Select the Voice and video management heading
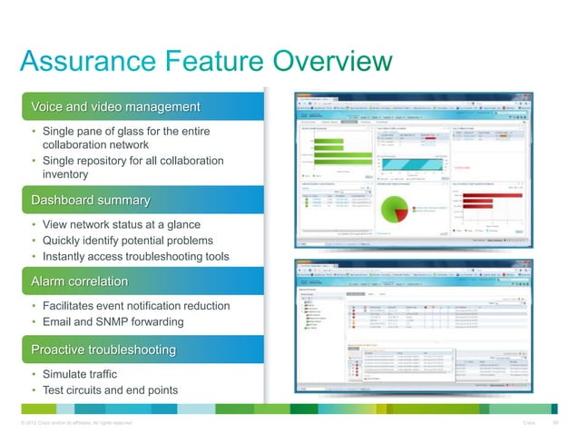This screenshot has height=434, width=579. [115, 107]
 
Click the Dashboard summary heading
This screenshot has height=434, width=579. [91, 199]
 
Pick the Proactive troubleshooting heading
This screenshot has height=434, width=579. [103, 350]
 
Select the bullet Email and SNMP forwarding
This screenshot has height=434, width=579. [113, 322]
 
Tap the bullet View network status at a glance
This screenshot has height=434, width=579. [122, 224]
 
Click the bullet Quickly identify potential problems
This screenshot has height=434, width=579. [128, 241]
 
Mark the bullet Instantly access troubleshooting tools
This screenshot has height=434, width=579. [136, 257]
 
